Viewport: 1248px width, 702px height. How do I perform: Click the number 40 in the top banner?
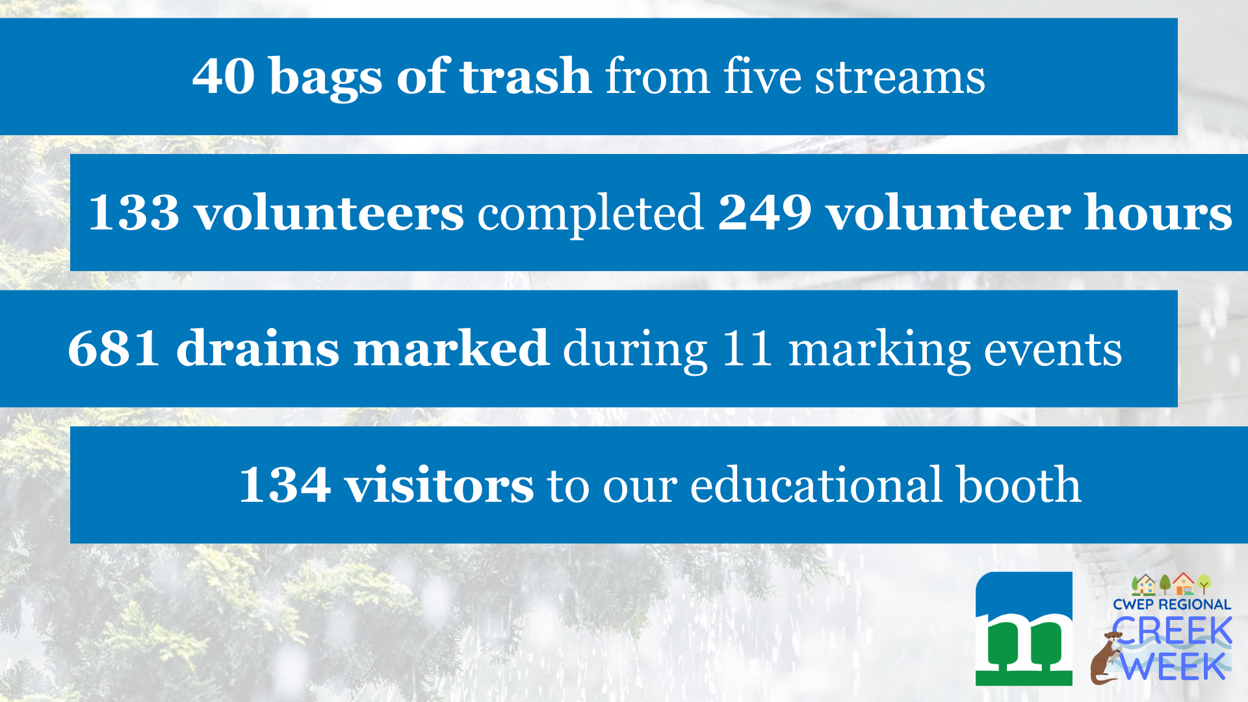tap(223, 76)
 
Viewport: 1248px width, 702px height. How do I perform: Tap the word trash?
tap(526, 76)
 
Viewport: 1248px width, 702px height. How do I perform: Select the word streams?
tap(900, 77)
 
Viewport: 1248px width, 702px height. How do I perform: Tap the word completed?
tap(591, 214)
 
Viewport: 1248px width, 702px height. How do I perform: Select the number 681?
tap(114, 348)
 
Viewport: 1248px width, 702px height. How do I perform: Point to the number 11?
tap(747, 348)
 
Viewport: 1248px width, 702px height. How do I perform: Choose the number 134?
tap(285, 484)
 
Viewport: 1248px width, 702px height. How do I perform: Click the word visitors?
tap(439, 484)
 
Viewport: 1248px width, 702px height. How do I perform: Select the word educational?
tap(816, 484)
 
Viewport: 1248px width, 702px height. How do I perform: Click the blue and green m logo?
tap(1024, 629)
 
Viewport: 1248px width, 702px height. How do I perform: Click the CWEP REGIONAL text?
tap(1172, 604)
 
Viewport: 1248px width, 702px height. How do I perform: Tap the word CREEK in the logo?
tap(1172, 630)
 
